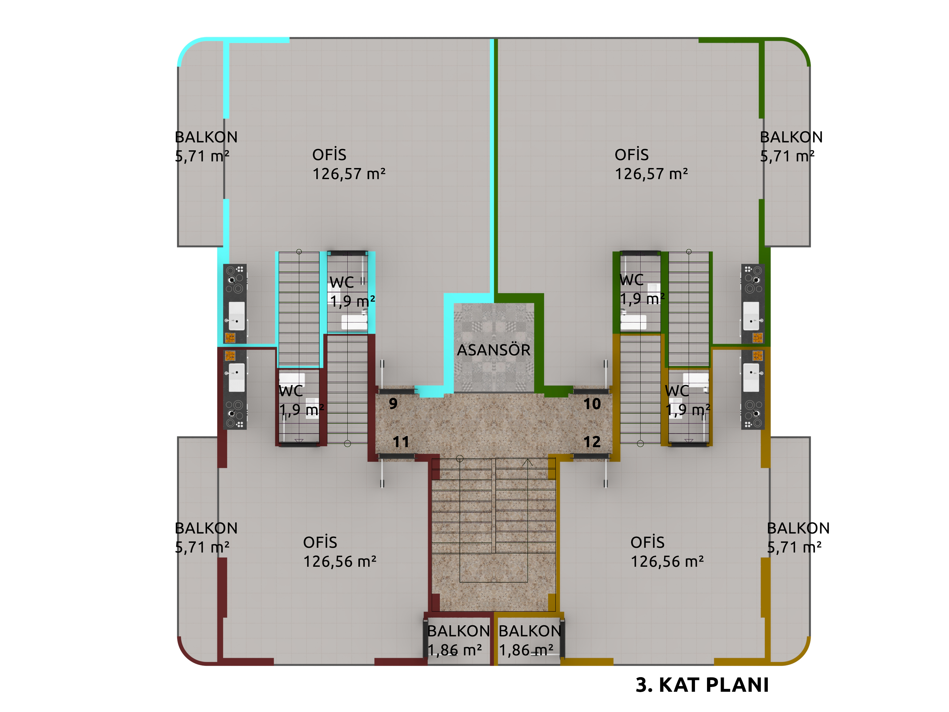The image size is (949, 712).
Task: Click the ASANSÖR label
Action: pyautogui.click(x=493, y=350)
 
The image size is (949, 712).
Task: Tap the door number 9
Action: pyautogui.click(x=393, y=403)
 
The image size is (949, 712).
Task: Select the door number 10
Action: pyautogui.click(x=592, y=403)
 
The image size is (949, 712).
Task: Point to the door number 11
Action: pyautogui.click(x=401, y=442)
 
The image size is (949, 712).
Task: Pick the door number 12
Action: pyautogui.click(x=592, y=442)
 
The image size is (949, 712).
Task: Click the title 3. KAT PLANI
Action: pyautogui.click(x=702, y=685)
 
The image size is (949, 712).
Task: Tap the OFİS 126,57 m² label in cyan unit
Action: pyautogui.click(x=349, y=164)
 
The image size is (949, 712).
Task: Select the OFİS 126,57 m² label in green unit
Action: pyautogui.click(x=651, y=164)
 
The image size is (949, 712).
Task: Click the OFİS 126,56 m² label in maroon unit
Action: pyautogui.click(x=340, y=552)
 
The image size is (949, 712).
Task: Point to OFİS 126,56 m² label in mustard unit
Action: pyautogui.click(x=667, y=552)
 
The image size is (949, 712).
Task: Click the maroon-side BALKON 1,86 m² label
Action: pyautogui.click(x=458, y=641)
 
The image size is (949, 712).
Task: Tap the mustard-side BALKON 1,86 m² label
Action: pyautogui.click(x=530, y=641)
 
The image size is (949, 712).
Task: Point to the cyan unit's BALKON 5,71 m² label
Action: pyautogui.click(x=206, y=146)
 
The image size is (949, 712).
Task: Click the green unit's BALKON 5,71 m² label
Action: pyautogui.click(x=791, y=146)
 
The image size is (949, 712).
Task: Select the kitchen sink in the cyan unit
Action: pyautogui.click(x=236, y=316)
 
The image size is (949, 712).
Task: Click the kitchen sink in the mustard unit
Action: pyautogui.click(x=751, y=378)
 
